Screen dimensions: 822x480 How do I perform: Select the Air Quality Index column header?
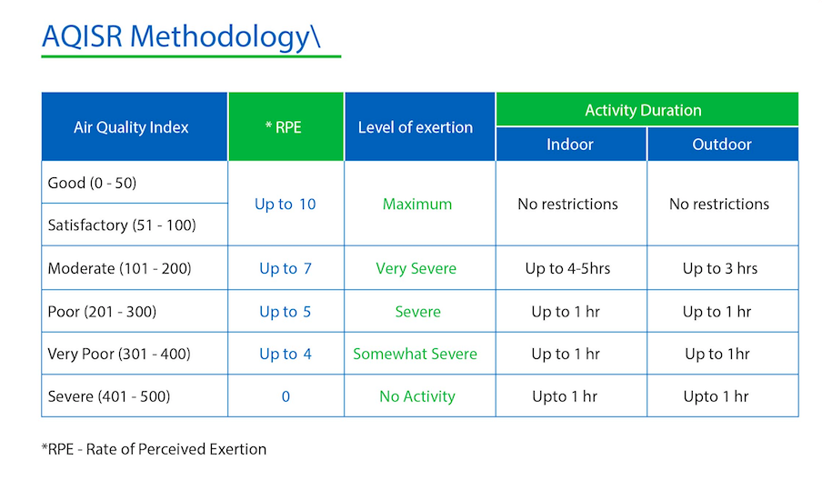pos(131,127)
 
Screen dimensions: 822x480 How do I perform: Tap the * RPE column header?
pos(283,127)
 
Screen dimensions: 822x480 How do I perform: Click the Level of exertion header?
pos(416,127)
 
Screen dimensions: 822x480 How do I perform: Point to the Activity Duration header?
pos(643,110)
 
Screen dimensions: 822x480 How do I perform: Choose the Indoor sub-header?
pos(570,145)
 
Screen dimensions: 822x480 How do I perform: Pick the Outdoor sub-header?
pos(722,145)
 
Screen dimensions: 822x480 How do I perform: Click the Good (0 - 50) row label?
pos(92,183)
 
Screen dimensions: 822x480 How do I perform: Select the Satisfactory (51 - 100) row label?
pos(122,225)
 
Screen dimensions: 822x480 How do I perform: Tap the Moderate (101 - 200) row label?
pos(119,268)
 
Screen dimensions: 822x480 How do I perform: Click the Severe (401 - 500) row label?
pos(109,396)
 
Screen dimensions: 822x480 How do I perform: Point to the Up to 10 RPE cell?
pos(286,204)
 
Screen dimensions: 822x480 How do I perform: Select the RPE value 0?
pos(286,396)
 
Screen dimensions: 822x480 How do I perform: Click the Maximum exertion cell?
pos(417,204)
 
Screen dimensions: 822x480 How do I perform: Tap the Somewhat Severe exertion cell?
pos(416,354)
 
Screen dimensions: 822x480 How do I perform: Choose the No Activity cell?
pos(417,396)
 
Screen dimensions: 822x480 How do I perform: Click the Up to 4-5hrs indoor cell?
pos(567,268)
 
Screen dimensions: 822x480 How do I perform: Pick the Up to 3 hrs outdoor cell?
pos(720,268)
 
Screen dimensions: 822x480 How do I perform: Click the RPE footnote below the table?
pos(155,449)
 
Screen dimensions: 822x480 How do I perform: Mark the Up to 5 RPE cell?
pos(286,312)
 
